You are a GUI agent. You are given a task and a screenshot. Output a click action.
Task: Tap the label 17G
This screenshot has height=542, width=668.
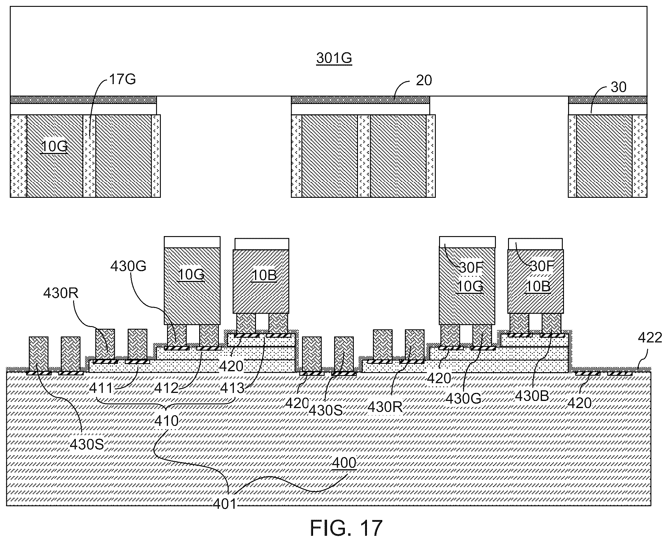[x=122, y=79]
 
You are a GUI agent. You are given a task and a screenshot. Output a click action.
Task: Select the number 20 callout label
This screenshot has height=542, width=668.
[x=424, y=80]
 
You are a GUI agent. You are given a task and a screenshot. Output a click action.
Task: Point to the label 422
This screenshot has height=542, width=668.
[x=650, y=337]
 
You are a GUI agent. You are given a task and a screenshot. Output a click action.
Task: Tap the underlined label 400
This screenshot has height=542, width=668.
[x=344, y=463]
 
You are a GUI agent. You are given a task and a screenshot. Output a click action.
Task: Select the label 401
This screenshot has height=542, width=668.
[x=225, y=504]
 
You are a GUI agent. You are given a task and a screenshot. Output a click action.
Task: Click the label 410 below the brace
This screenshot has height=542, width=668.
[x=166, y=421]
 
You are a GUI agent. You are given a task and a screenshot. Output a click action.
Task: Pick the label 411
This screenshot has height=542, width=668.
[x=100, y=388]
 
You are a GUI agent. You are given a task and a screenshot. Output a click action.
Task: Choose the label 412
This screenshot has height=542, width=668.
[x=166, y=388]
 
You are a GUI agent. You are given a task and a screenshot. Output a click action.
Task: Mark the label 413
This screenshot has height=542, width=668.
[x=232, y=388]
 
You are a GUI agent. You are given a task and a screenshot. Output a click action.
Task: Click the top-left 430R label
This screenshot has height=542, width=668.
[x=61, y=293]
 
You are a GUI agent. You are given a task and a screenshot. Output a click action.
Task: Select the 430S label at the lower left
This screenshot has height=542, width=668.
[x=87, y=444]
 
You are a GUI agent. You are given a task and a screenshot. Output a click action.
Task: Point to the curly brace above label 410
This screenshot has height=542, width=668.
[x=166, y=403]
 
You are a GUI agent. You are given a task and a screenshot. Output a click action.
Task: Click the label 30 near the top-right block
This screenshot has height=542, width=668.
[x=618, y=87]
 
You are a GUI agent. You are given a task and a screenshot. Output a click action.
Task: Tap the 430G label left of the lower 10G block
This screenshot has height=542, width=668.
[x=128, y=266]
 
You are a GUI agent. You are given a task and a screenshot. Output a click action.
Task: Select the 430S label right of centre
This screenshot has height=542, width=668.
[x=326, y=410]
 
